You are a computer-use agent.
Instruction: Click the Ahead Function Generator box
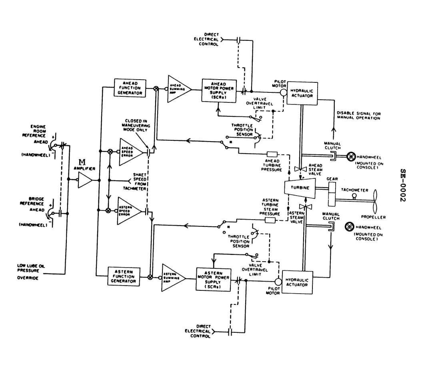pos(129,88)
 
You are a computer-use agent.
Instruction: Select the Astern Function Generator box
pos(124,276)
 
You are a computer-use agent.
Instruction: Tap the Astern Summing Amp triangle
pos(172,277)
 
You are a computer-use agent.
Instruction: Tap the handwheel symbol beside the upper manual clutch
pos(351,157)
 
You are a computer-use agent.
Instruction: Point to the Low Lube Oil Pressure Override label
pos(28,271)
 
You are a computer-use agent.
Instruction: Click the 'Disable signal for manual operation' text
pos(358,116)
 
